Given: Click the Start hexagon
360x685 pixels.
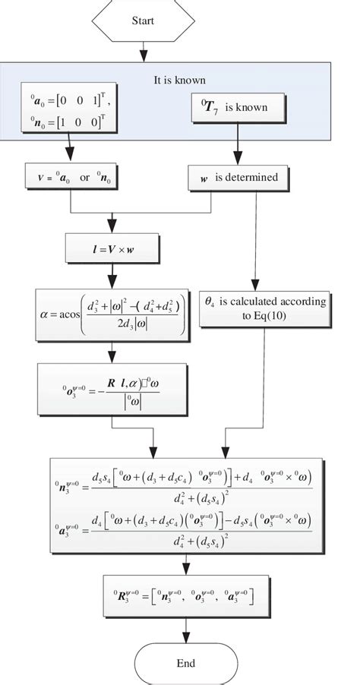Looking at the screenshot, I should [x=142, y=21].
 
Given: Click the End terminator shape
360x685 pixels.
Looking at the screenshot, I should [x=185, y=663].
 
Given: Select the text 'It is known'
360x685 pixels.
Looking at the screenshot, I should [x=179, y=80].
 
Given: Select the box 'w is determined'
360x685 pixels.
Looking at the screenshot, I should [x=238, y=178].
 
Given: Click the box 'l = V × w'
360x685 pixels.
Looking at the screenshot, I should [x=112, y=248].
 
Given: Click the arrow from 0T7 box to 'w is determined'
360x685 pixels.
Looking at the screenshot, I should [x=238, y=144].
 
